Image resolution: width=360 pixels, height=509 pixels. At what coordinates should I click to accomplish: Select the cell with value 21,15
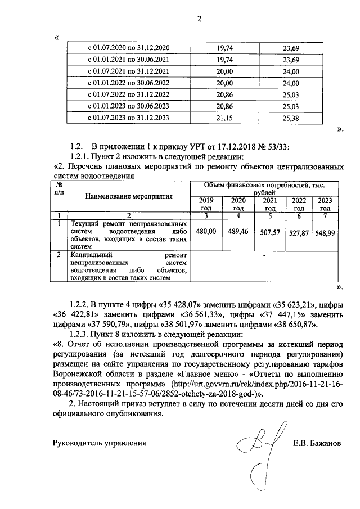point(224,118)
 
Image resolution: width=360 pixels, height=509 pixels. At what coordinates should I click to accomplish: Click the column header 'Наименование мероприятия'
point(129,196)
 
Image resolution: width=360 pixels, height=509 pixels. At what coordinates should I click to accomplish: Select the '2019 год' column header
point(207,204)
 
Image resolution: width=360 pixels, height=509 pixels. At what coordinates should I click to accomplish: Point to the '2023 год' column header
point(325,204)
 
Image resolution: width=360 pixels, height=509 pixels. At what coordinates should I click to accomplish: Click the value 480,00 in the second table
point(206,231)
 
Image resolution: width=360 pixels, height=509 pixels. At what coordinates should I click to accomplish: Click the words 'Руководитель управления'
point(100,443)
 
